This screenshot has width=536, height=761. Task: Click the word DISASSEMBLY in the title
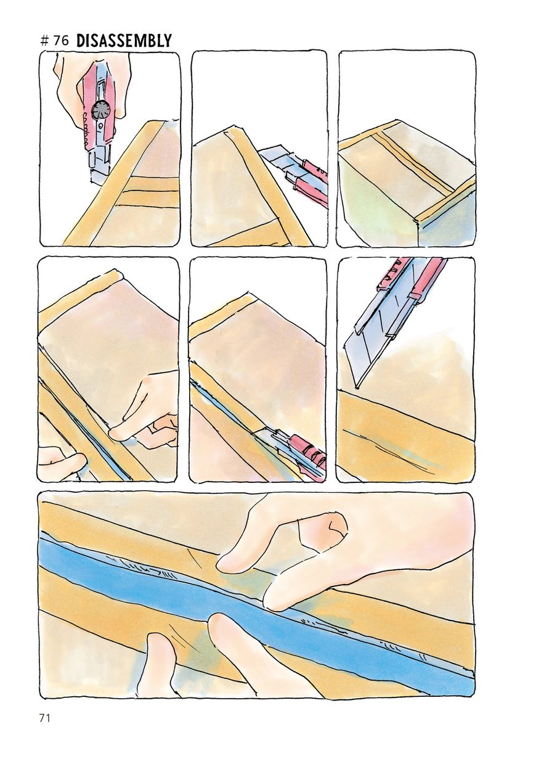[124, 41]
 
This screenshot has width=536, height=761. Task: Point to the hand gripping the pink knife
[92, 85]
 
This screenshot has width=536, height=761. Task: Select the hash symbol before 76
[44, 41]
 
